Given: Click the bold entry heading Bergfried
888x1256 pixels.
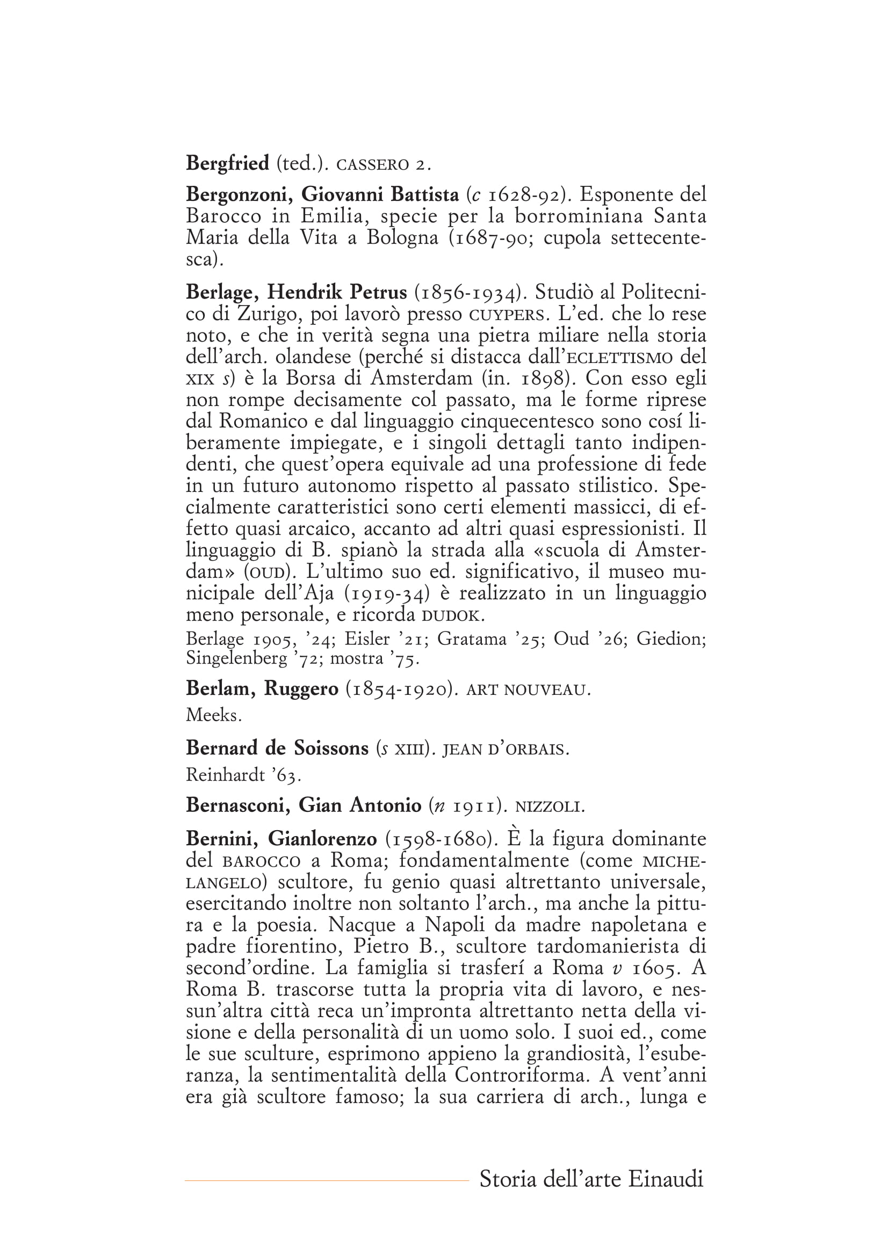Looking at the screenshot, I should point(228,164).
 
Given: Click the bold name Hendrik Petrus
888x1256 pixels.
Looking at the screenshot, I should point(336,293).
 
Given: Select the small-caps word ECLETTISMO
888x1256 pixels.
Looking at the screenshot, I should point(620,358).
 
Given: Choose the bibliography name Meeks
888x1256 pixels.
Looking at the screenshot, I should point(213,715).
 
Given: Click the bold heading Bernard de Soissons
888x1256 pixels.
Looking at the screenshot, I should point(277,748).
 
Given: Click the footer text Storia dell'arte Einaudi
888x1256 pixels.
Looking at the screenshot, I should point(591,1179).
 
